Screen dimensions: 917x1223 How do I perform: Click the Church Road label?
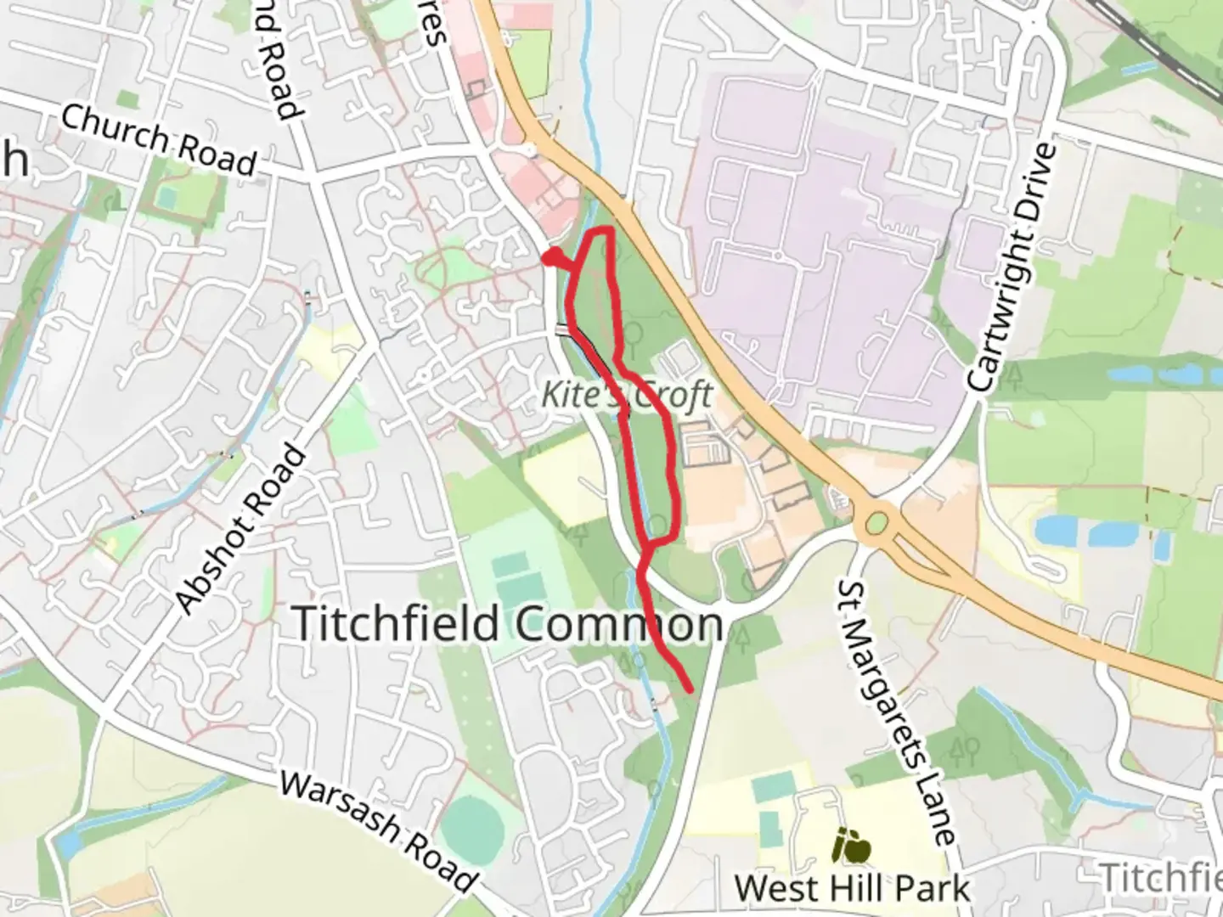point(158,140)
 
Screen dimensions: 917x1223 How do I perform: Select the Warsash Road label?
point(376,831)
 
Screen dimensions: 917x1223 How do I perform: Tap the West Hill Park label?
point(852,888)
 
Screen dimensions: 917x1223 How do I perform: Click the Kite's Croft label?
point(628,394)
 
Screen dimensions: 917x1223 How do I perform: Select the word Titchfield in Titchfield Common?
point(396,623)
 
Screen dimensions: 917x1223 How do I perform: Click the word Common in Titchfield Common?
point(618,625)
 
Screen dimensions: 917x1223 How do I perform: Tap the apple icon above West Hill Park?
point(852,846)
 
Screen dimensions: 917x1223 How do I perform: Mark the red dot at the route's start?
point(552,257)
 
